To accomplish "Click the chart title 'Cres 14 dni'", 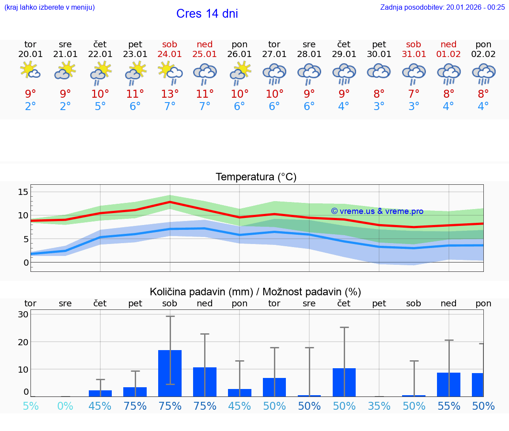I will (207, 14).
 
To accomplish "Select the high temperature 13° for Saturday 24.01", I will (170, 94).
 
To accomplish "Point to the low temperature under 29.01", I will (344, 107).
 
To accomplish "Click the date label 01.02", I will (448, 54).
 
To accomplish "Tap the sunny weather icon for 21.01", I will (65, 71).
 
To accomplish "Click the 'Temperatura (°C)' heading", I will (256, 177).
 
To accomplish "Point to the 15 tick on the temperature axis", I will (23, 192).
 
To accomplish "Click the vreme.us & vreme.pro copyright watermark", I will (377, 211).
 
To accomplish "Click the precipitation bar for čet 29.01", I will (344, 382).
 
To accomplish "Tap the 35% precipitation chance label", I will (379, 406).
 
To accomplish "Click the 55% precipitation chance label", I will (449, 406).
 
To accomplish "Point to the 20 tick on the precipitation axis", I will (23, 342).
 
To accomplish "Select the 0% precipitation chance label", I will (65, 406).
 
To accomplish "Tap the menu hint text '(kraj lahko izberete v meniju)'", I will (49, 7).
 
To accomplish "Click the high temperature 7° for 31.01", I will (414, 94).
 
